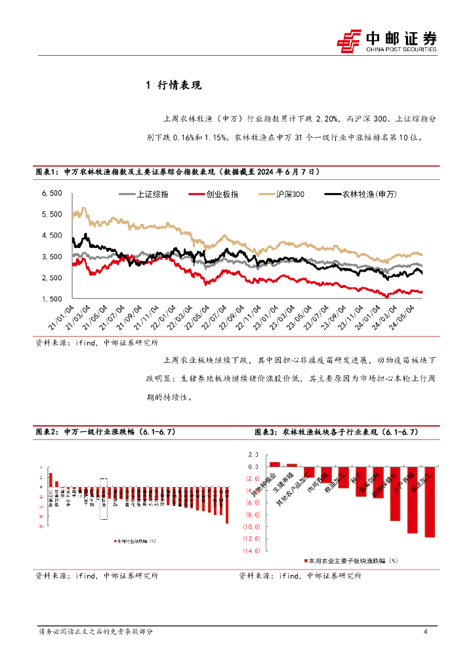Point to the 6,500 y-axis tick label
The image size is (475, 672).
pyautogui.click(x=51, y=193)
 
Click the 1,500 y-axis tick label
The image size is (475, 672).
pyautogui.click(x=51, y=299)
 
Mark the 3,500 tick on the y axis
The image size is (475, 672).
pyautogui.click(x=51, y=257)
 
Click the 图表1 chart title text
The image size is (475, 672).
pyautogui.click(x=177, y=172)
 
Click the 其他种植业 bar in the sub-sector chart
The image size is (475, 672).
pyautogui.click(x=275, y=464)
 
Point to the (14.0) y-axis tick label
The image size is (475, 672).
pyautogui.click(x=251, y=551)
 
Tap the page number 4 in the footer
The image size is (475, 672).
pyautogui.click(x=426, y=631)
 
